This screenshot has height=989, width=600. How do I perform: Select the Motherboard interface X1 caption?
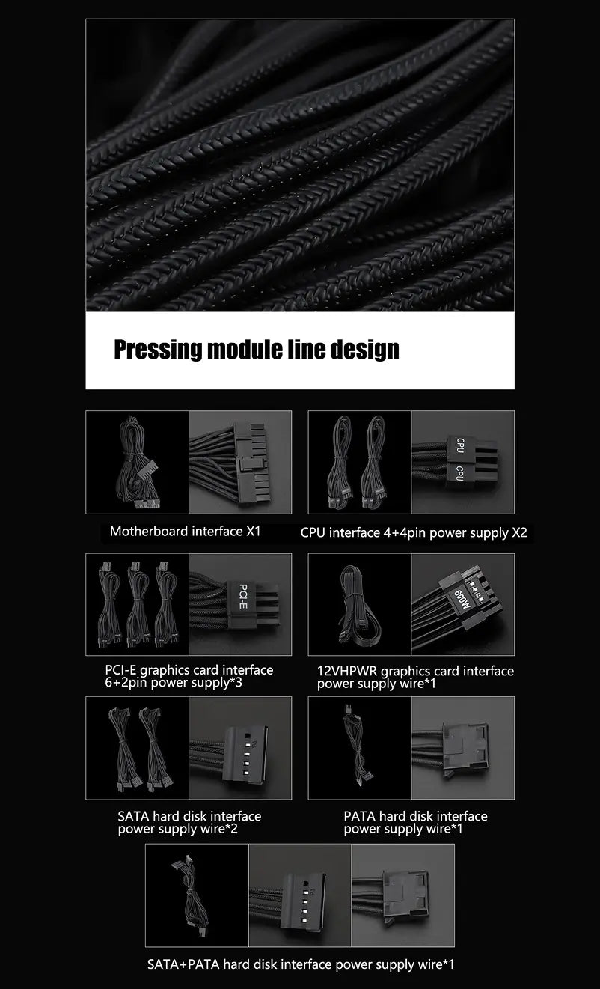tap(186, 531)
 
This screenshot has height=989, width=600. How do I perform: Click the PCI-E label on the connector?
tap(242, 597)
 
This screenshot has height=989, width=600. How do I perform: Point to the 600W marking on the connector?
tap(462, 597)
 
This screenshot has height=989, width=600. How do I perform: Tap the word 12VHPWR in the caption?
tap(347, 671)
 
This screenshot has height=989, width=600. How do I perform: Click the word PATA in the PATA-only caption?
tap(360, 816)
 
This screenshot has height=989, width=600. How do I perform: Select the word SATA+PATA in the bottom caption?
tap(183, 964)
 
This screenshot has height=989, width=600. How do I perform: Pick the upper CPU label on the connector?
tap(460, 445)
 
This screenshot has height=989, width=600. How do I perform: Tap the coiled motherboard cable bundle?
tap(137, 462)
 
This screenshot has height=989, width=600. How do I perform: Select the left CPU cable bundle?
tap(340, 462)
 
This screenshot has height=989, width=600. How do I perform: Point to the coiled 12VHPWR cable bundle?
tap(360, 603)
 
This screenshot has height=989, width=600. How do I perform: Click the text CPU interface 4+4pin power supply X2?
tap(414, 532)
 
